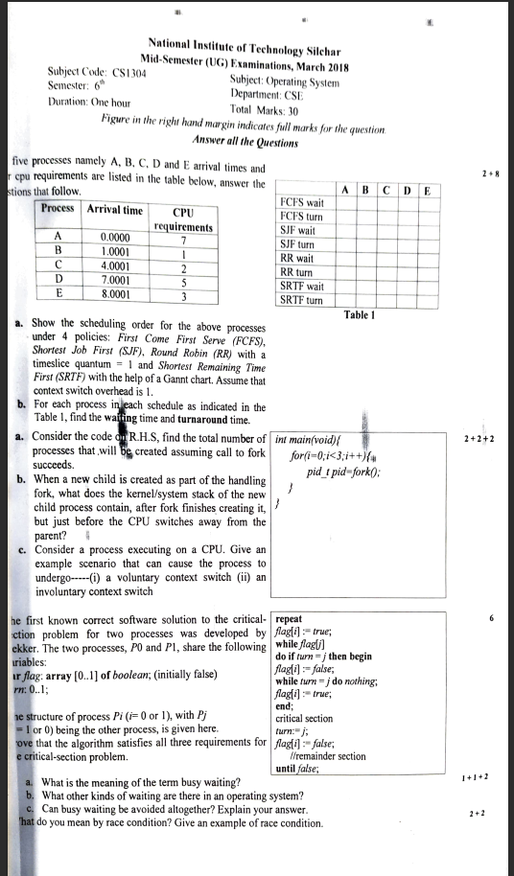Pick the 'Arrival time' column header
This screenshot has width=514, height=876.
115,210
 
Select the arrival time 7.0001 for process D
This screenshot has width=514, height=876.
116,280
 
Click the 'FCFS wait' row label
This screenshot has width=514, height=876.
300,203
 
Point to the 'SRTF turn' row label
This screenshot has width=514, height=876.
300,300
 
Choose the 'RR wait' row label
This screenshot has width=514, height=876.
296,259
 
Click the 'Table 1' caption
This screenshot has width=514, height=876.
356,314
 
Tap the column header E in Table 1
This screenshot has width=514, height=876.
427,190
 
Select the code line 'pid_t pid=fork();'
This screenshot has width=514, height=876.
343,473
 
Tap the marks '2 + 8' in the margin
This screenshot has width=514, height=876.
489,174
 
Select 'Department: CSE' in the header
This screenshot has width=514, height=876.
267,97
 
